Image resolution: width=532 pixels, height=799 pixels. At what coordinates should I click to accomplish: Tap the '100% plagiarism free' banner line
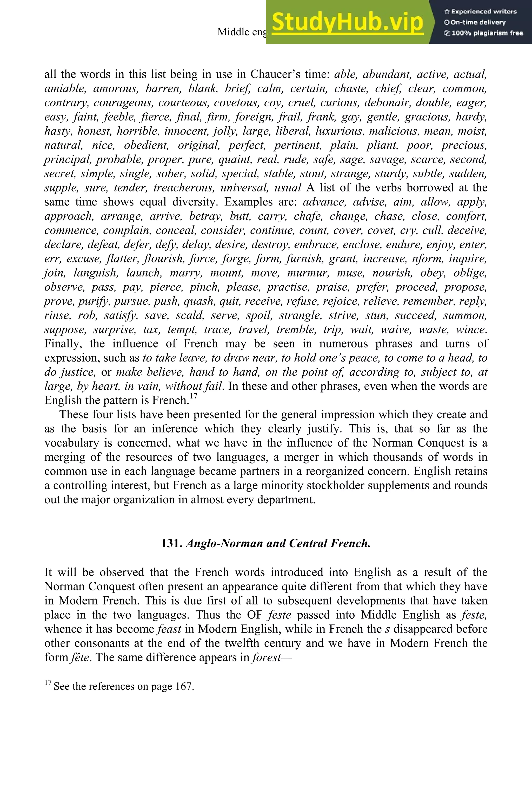point(483,33)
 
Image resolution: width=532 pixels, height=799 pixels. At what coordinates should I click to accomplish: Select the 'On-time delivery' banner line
point(475,22)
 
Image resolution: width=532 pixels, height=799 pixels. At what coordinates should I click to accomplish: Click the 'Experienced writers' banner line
point(480,11)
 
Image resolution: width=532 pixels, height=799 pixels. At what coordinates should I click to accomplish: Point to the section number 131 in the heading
point(172,543)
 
